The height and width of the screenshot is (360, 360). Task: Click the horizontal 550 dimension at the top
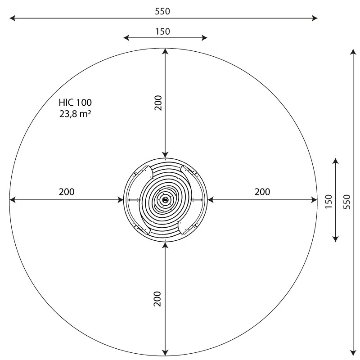162,12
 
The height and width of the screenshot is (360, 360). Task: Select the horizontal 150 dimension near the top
162,31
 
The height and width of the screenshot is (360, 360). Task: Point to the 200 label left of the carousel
67,192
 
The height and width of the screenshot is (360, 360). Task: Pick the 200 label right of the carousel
262,192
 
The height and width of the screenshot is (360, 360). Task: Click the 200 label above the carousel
157,103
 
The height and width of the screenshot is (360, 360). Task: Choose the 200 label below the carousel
157,298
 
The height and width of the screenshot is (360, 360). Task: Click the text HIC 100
75,103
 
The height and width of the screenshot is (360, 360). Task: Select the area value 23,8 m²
75,113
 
